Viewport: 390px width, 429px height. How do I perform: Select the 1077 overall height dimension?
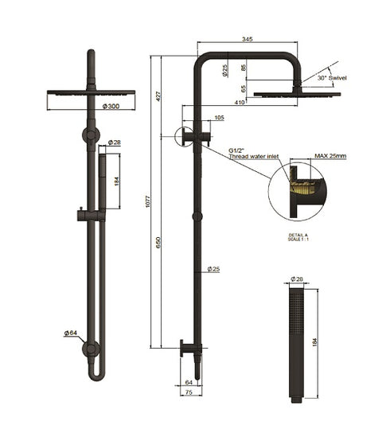[x=147, y=202]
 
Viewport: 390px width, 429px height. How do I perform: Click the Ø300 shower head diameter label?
[x=111, y=105]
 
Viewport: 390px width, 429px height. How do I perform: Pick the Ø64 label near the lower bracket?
[x=70, y=333]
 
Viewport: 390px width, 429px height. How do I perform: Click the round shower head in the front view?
[x=91, y=92]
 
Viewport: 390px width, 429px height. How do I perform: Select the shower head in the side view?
[x=297, y=94]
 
